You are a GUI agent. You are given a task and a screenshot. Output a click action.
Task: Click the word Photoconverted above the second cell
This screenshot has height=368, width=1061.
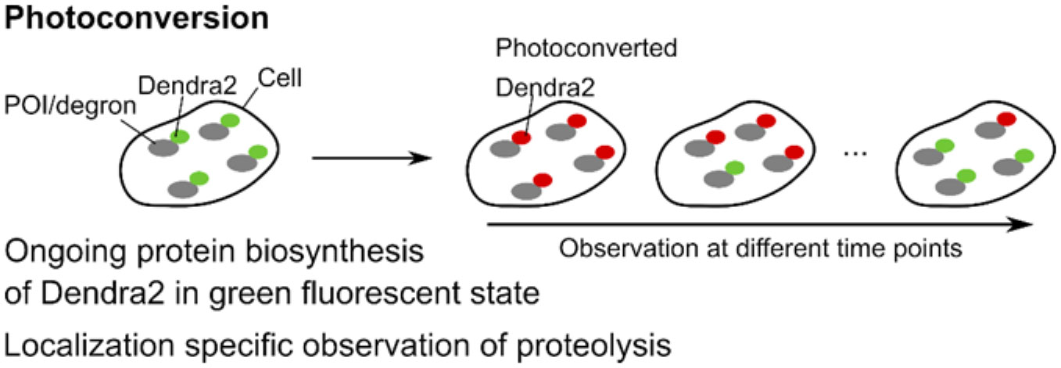click(586, 48)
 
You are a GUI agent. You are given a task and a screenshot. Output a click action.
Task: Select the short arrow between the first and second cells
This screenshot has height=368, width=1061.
click(371, 159)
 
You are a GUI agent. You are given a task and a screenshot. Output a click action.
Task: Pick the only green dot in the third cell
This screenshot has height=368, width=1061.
click(733, 167)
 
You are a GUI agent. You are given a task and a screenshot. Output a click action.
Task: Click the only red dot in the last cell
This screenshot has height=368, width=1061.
click(1005, 120)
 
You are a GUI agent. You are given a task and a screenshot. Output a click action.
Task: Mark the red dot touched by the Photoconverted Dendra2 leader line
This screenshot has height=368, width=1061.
click(521, 138)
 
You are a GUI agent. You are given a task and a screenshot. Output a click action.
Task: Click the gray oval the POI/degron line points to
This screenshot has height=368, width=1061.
click(165, 145)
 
